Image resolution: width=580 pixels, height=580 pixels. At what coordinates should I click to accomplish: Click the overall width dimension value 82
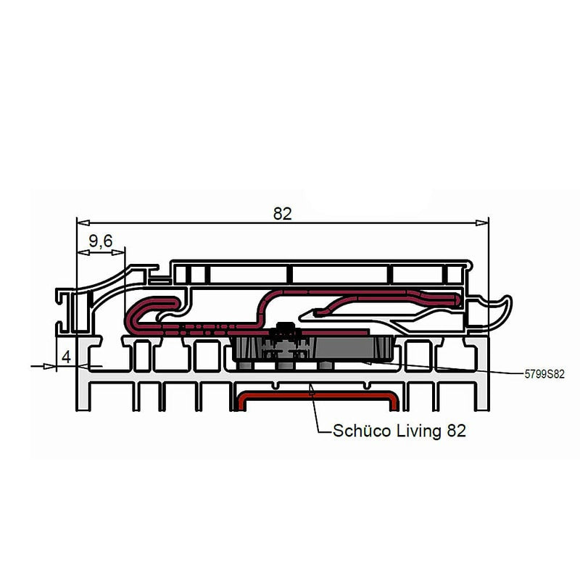(x=282, y=214)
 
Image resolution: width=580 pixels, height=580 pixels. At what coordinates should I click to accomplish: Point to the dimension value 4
(x=66, y=357)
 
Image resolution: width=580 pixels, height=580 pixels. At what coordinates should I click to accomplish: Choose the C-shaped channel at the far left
(x=66, y=309)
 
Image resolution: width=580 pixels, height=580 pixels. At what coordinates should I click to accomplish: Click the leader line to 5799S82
(x=449, y=368)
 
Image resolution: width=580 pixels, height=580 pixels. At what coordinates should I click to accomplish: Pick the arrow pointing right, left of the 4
(x=51, y=366)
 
